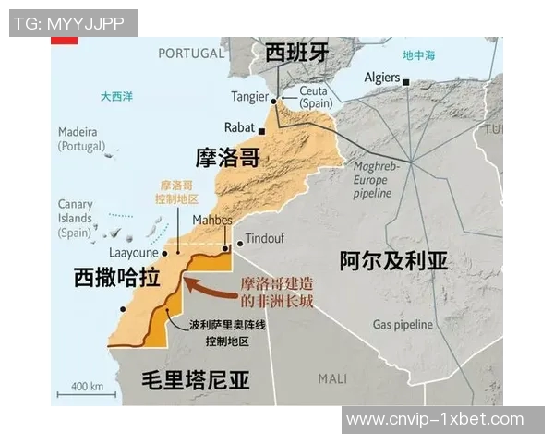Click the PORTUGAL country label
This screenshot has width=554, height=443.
coord(191,53)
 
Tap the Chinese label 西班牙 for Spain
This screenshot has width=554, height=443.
coord(296,53)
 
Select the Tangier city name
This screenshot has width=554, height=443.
coord(248,97)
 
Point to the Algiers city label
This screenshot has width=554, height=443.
coord(381,78)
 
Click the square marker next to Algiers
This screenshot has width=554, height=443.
coord(406,79)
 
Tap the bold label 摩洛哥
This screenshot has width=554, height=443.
coord(227,156)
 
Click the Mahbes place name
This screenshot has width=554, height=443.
coord(212,220)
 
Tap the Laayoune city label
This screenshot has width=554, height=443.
coord(136,250)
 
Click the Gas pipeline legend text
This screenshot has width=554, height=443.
coord(402,325)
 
